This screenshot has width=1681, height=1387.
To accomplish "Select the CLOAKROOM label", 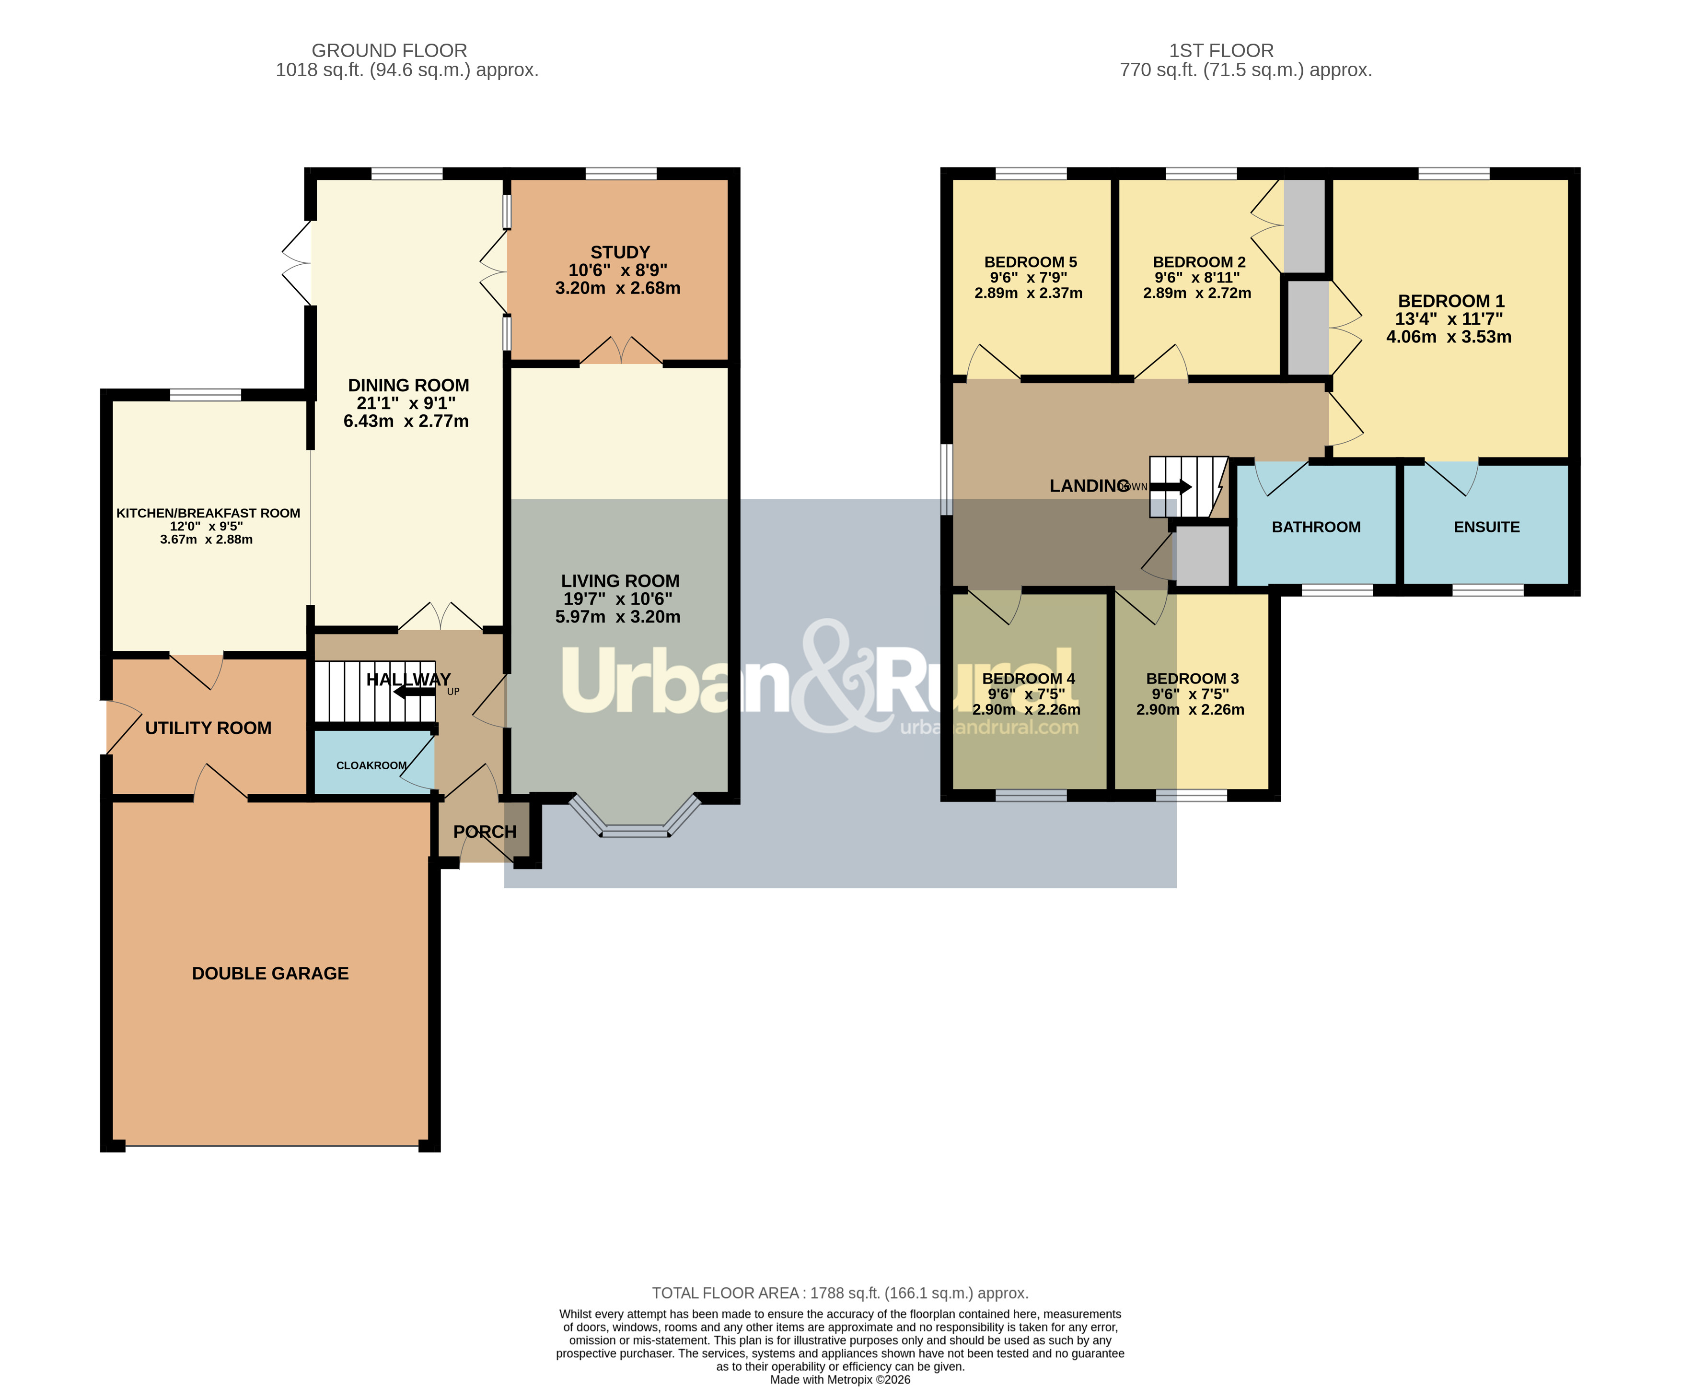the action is pos(371,765).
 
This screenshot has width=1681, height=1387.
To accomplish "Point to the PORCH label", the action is pos(485,832).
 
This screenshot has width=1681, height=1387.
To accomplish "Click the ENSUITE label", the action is pos(1486,527).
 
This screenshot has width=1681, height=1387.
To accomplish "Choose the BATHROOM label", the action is pos(1316,527).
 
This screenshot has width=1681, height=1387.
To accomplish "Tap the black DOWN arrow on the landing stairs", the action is pos(1171,487).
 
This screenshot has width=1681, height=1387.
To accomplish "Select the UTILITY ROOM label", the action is pos(209,728).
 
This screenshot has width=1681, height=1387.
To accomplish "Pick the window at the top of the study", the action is pos(621,174).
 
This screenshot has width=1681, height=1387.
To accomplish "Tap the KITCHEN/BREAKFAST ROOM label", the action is pos(209,513).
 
